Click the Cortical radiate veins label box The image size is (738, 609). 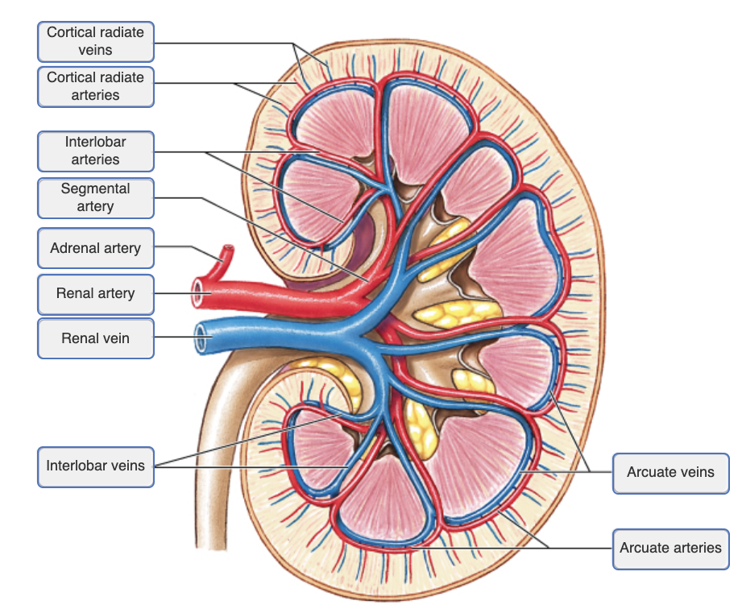click(x=95, y=41)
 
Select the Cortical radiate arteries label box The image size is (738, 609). click(x=95, y=86)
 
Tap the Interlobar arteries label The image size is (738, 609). click(x=95, y=151)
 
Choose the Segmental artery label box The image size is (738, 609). click(x=95, y=197)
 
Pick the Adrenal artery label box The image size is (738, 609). click(x=95, y=248)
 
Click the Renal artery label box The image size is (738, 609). click(x=95, y=293)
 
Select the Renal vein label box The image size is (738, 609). click(x=95, y=338)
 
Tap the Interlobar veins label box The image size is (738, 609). click(x=95, y=466)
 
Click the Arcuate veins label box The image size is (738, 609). click(x=670, y=472)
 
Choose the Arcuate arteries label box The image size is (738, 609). click(x=670, y=548)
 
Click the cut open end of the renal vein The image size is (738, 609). click(x=201, y=339)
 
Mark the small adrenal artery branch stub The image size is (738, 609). click(x=226, y=256)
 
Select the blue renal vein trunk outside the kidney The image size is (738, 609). click(x=266, y=330)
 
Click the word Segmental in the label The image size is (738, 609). click(x=95, y=188)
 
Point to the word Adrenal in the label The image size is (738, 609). click(x=75, y=248)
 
